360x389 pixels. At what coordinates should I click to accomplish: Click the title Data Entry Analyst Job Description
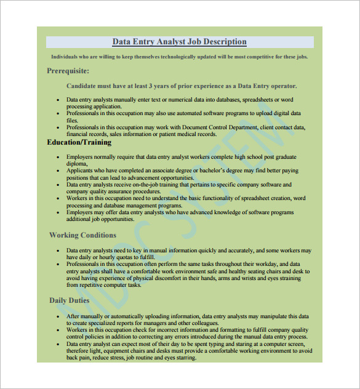(179, 42)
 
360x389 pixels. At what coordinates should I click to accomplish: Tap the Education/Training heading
(79, 142)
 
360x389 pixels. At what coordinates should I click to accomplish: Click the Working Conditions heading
(82, 235)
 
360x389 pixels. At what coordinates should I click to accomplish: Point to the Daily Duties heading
(69, 300)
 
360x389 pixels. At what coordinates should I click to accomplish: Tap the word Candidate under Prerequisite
(81, 86)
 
